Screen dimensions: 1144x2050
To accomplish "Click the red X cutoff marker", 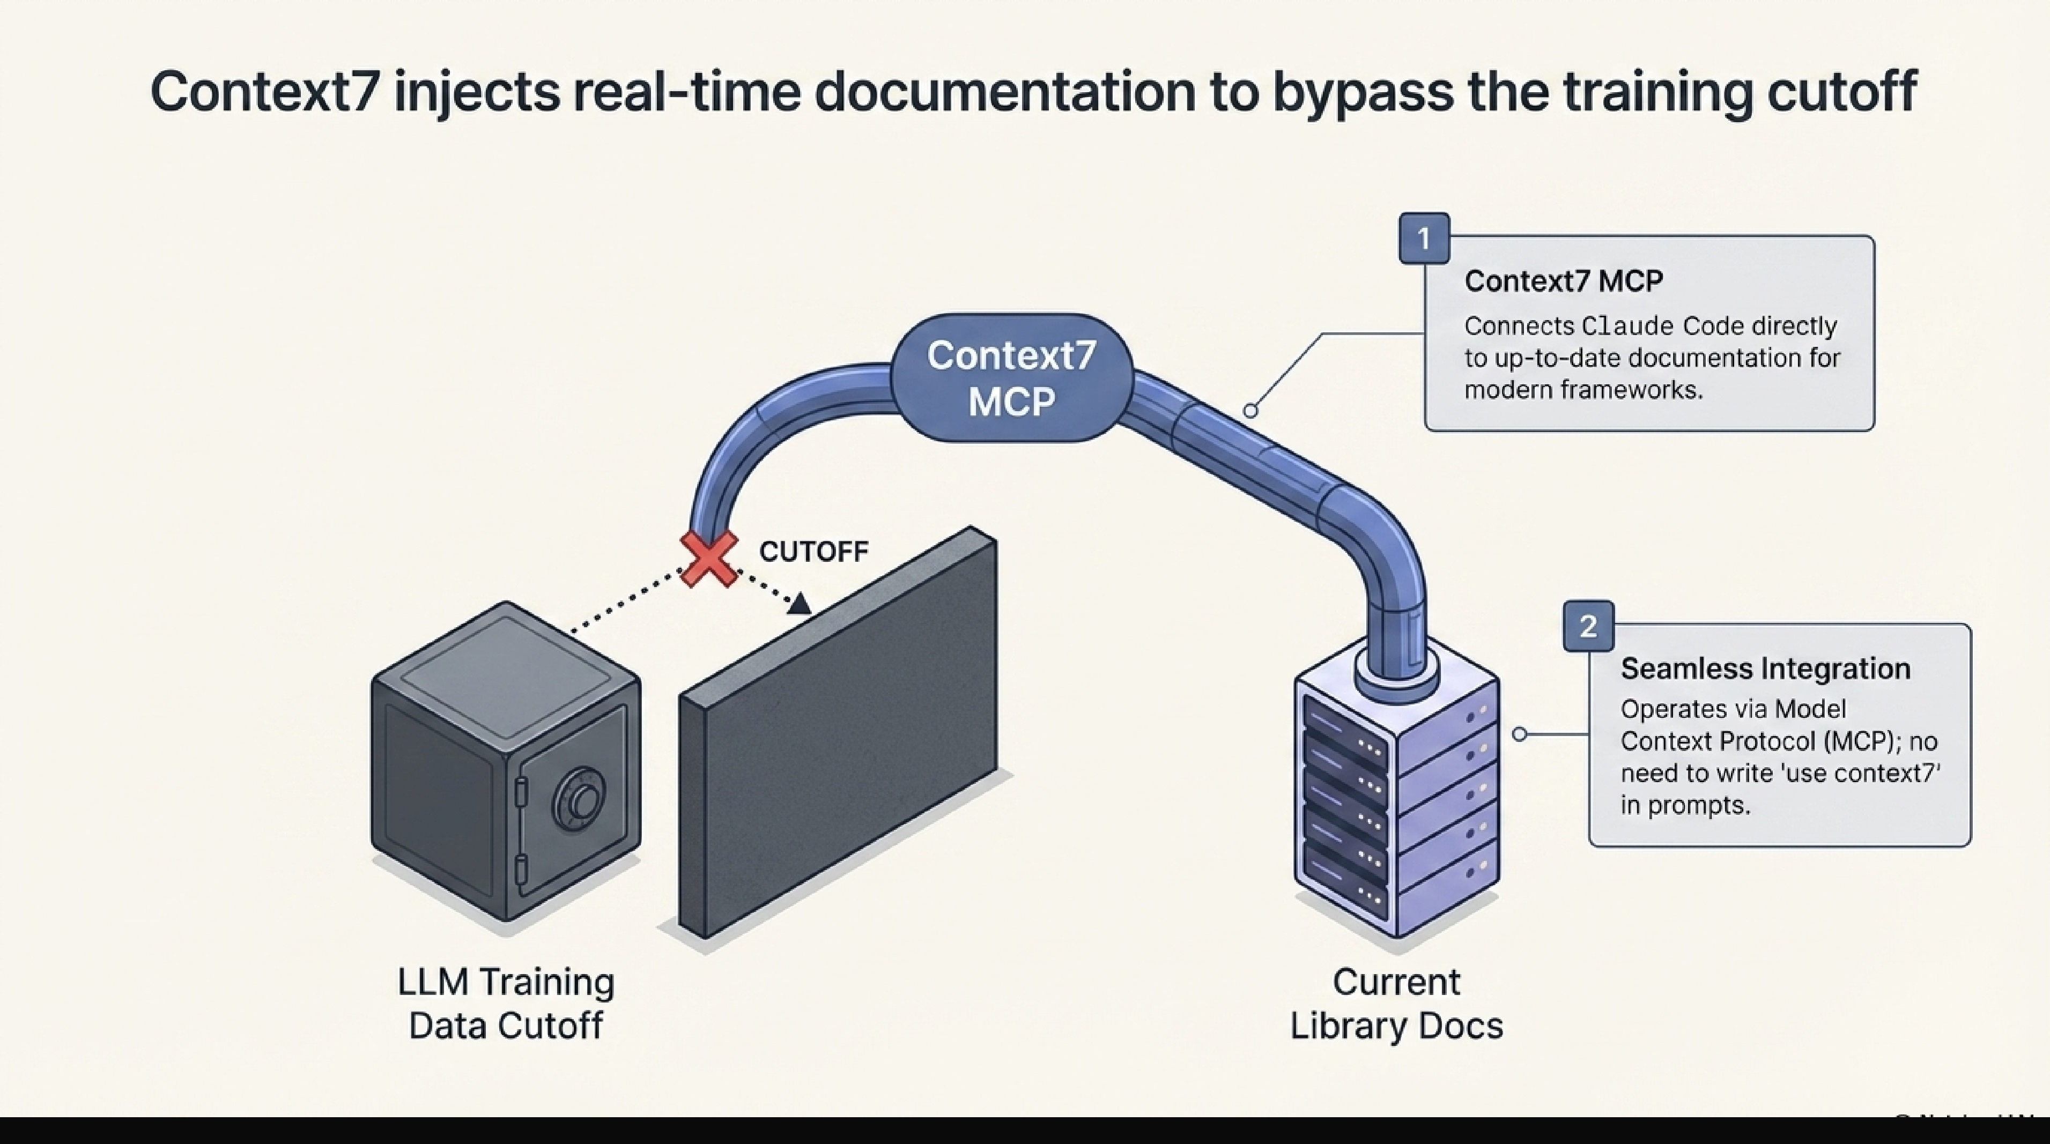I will tap(708, 559).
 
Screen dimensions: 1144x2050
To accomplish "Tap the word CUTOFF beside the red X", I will tap(813, 551).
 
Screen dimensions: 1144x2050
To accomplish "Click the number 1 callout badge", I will tap(1424, 238).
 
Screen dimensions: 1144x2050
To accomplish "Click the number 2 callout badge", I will tap(1588, 626).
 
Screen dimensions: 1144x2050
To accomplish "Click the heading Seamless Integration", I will tap(1765, 668).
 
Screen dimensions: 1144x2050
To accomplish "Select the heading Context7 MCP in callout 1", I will tap(1563, 281).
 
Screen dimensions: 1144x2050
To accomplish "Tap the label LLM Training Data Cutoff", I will tap(506, 1003).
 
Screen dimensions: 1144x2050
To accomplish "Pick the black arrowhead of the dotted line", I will tap(799, 604).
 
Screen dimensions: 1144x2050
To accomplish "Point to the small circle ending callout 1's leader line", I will tap(1250, 411).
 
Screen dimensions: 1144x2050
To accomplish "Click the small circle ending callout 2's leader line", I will tap(1519, 733).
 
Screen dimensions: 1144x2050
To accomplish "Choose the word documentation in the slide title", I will tap(1005, 92).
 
